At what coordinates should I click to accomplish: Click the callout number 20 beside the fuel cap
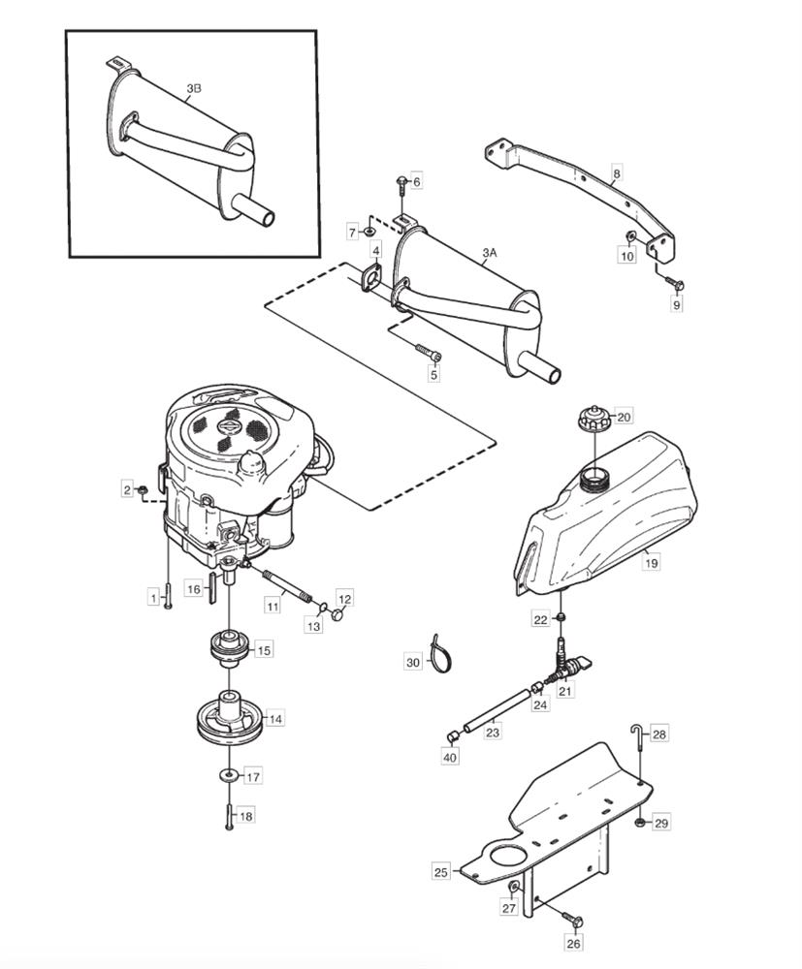[624, 417]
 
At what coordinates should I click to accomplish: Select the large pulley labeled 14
[230, 719]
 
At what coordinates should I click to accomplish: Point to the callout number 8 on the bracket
[616, 174]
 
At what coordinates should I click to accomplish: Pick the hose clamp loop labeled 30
[441, 654]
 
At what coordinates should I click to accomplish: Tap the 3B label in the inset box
[194, 89]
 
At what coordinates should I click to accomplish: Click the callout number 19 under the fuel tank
[651, 563]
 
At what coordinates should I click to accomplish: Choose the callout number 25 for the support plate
[441, 873]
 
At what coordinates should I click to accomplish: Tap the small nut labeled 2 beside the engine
[142, 490]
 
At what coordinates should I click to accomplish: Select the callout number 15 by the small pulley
[264, 650]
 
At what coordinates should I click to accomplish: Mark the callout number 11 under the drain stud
[273, 607]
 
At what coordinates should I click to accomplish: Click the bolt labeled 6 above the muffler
[401, 185]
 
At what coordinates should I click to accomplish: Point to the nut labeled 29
[641, 823]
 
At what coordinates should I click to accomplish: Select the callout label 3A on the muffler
[490, 253]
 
